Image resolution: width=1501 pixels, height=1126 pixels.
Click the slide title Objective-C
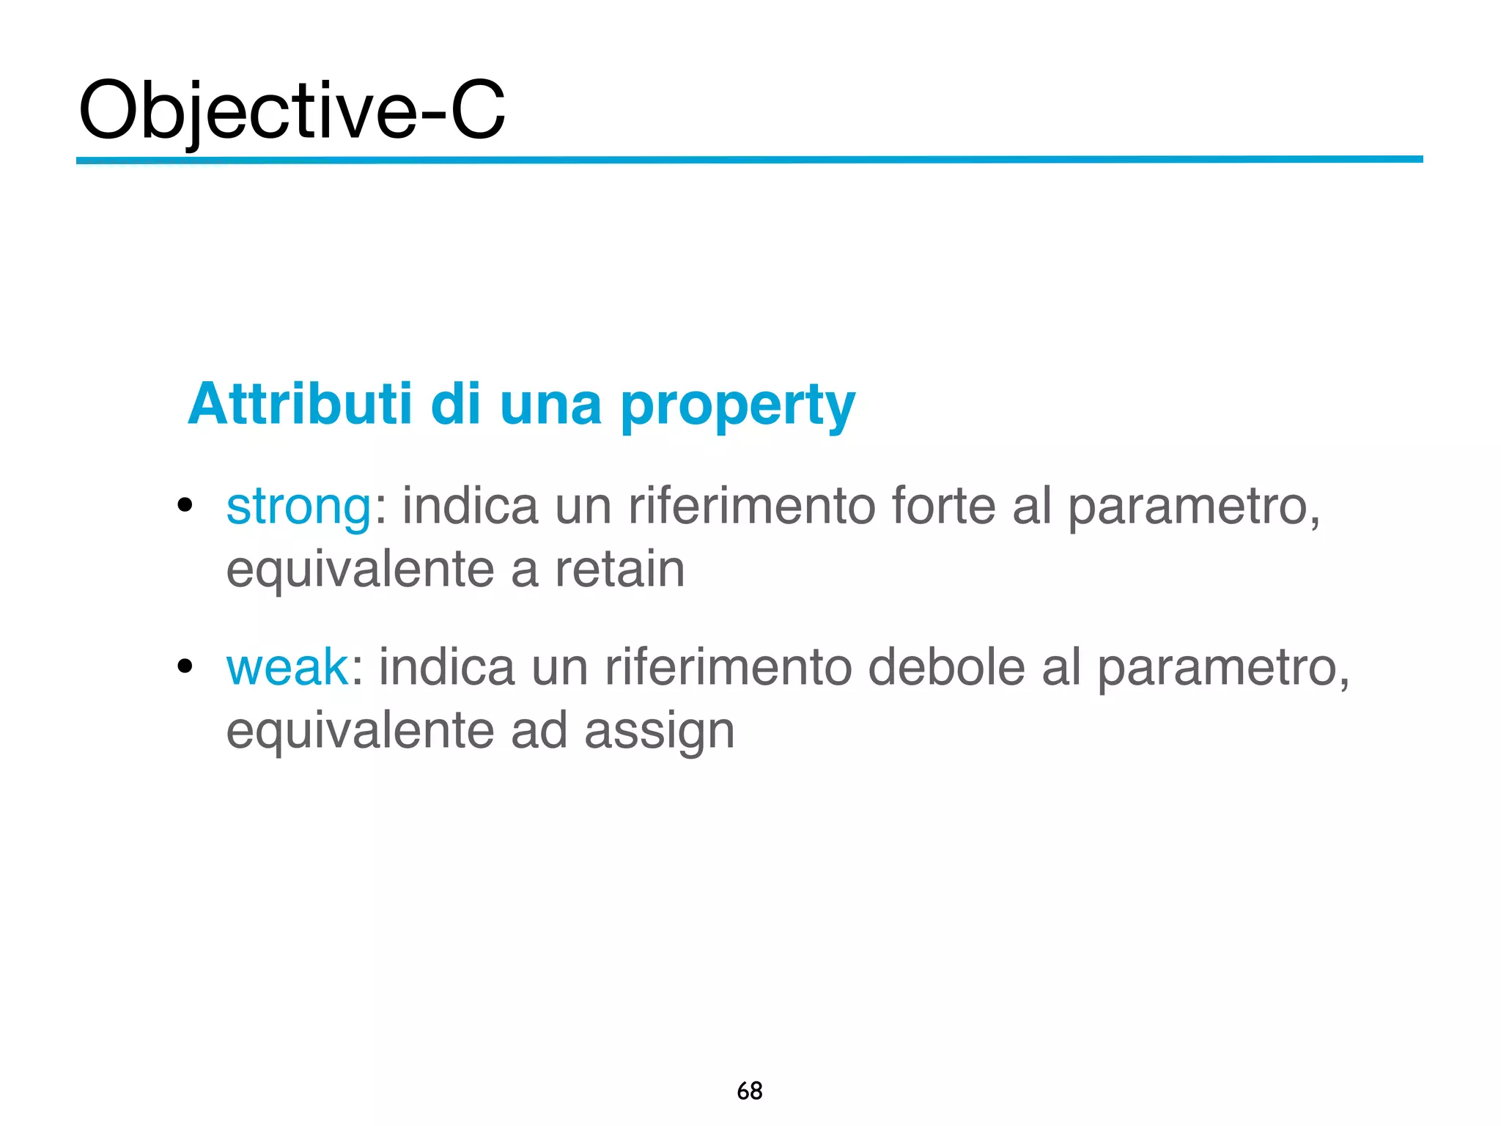[x=292, y=111]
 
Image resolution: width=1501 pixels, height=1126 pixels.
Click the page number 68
[x=750, y=1091]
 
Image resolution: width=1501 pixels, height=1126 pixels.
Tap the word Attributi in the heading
[x=299, y=404]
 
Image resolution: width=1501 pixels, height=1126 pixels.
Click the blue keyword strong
[x=299, y=507]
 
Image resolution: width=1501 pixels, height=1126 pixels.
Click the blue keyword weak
[x=287, y=668]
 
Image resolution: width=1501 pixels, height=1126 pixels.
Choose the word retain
[x=619, y=570]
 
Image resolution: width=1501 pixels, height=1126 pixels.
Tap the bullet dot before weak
[x=185, y=666]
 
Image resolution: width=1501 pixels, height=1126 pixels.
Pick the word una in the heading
[x=550, y=405]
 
